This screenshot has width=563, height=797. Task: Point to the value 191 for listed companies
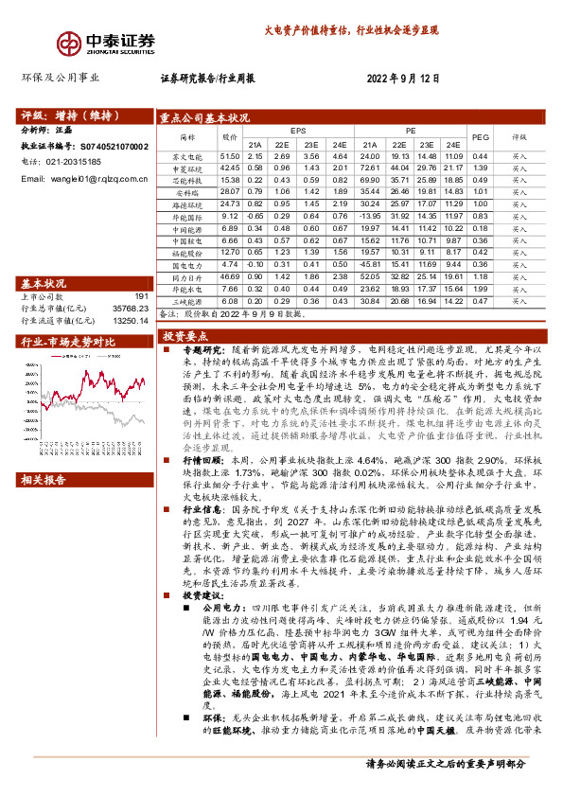[x=143, y=296]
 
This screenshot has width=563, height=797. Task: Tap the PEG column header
[x=480, y=137]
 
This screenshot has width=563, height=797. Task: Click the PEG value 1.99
[x=480, y=289]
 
